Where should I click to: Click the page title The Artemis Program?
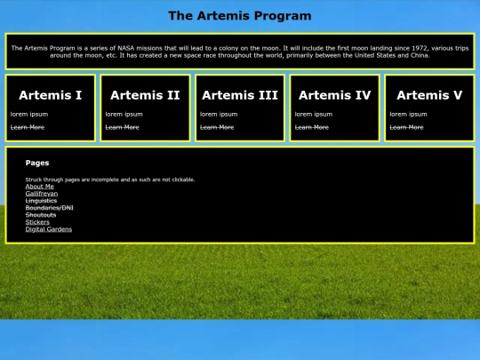tap(240, 15)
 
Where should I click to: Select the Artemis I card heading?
tap(51, 95)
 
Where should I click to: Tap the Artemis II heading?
tap(145, 95)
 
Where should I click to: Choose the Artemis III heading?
tap(240, 95)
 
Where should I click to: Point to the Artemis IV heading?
tap(335, 95)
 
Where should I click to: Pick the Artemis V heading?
tap(429, 95)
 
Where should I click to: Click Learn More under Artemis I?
tap(28, 127)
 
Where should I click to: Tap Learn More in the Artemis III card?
tap(217, 127)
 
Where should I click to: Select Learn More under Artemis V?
tap(406, 127)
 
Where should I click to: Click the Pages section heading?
tap(37, 163)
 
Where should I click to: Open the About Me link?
tap(40, 187)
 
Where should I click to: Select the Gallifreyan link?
tap(42, 194)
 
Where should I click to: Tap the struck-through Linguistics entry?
tap(41, 201)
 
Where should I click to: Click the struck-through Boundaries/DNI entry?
tap(50, 208)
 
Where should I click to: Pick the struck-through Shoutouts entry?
tap(41, 215)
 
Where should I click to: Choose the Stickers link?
tap(38, 222)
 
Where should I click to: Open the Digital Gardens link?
tap(49, 229)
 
